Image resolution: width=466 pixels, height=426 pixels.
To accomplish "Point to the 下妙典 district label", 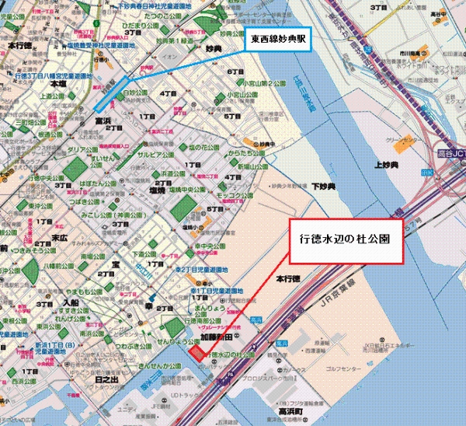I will tap(322, 187).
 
